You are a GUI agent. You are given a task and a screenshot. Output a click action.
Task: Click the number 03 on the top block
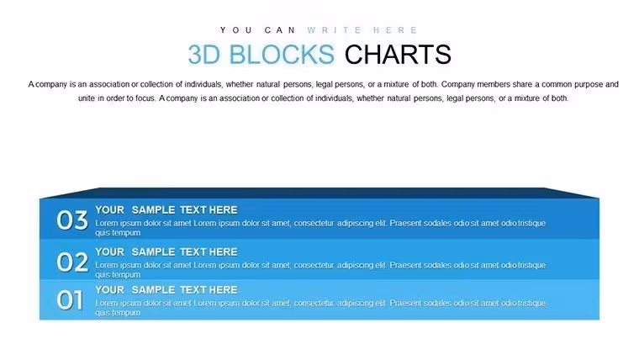click(72, 220)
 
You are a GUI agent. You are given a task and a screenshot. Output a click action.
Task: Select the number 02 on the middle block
click(72, 262)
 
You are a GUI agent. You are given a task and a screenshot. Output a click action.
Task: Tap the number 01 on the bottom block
click(70, 300)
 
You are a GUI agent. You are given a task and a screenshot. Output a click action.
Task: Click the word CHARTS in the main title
click(398, 54)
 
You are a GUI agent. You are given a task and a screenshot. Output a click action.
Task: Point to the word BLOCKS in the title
click(282, 54)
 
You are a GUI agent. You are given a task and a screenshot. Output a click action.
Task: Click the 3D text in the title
click(203, 54)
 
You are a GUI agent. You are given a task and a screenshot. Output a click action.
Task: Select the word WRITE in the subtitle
click(335, 30)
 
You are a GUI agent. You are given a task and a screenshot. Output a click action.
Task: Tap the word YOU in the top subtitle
click(236, 30)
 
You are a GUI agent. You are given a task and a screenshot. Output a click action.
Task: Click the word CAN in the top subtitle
click(280, 30)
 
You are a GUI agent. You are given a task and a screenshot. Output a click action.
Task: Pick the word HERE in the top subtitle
click(395, 30)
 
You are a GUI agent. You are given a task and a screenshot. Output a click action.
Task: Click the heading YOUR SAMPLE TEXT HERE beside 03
click(166, 210)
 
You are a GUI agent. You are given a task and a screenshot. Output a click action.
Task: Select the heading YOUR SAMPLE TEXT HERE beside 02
click(166, 252)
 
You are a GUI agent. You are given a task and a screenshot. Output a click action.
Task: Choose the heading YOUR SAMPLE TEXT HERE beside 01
click(166, 290)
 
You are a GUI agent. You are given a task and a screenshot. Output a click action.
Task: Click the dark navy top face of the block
click(319, 193)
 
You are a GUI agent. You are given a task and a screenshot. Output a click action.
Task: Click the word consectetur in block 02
click(314, 266)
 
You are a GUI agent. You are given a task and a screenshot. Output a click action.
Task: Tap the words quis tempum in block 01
click(118, 313)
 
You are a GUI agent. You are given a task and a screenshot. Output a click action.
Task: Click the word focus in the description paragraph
click(145, 98)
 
